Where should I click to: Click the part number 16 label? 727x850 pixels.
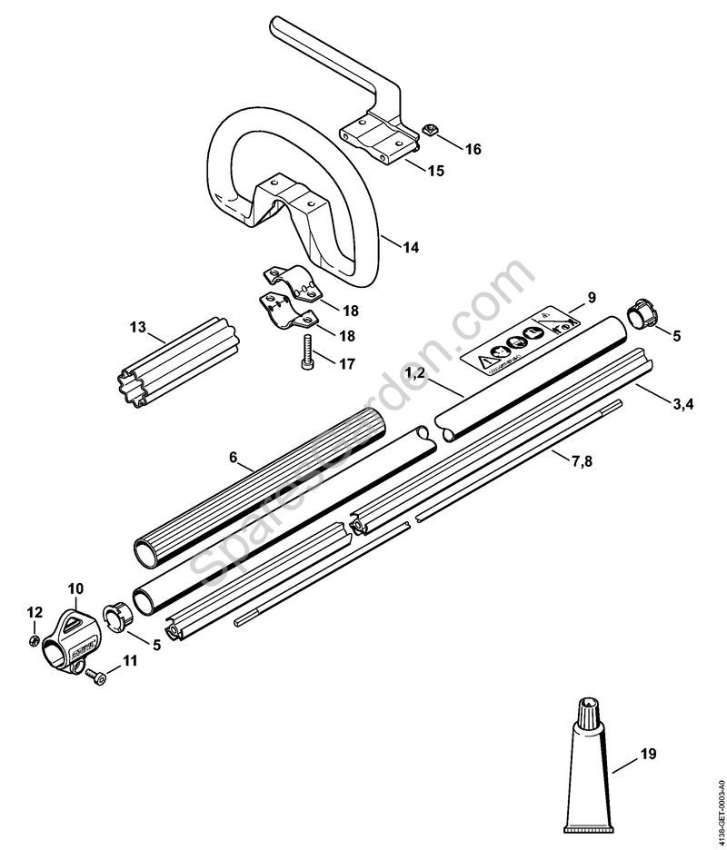474,148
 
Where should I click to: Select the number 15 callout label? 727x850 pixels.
435,171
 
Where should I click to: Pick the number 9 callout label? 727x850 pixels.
591,297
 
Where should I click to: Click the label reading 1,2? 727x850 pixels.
414,373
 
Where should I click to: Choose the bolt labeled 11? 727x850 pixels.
95,676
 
